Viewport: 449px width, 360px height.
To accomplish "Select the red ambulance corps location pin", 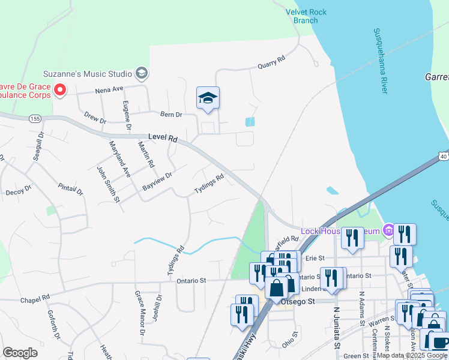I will (x=60, y=91).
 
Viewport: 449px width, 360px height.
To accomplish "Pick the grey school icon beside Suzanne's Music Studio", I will (x=142, y=74).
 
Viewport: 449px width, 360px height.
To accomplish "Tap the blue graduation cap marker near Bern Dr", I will (x=208, y=98).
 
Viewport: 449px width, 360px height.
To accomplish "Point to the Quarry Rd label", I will (x=271, y=63).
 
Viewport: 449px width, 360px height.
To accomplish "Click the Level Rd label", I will (x=164, y=139).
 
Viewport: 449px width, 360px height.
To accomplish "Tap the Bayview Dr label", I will (x=157, y=182).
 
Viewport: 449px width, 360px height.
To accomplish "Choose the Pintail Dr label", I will (x=71, y=189).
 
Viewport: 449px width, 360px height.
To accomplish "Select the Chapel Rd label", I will (x=34, y=298).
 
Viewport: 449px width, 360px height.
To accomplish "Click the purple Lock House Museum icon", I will (x=388, y=230).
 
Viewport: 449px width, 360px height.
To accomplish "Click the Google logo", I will (x=20, y=352).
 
